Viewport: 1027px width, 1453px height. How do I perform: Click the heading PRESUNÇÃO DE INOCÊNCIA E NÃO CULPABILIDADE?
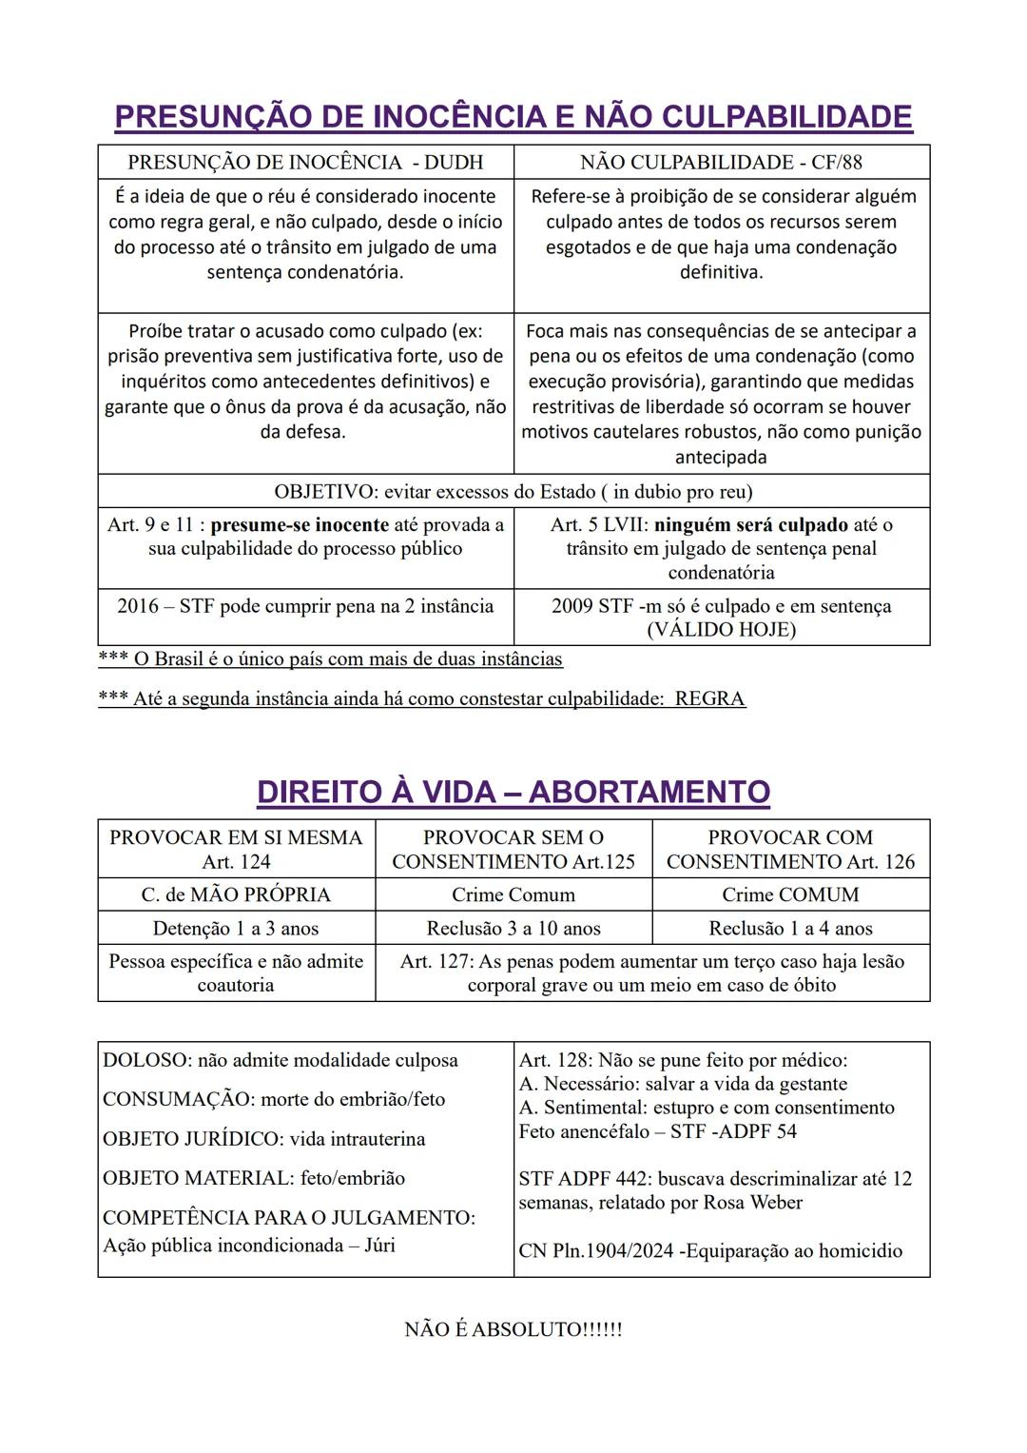point(513,117)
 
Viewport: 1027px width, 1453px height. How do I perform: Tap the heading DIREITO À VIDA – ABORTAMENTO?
point(513,793)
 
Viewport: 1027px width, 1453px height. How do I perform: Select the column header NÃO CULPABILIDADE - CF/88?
point(721,163)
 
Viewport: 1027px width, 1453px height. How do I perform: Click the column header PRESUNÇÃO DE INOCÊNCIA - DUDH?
point(305,163)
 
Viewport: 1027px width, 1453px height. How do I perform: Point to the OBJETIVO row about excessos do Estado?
point(513,492)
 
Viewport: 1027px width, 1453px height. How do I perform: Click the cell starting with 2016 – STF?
point(305,607)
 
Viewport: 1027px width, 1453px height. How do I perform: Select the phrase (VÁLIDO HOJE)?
point(721,630)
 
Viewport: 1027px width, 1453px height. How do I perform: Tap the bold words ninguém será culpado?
point(750,525)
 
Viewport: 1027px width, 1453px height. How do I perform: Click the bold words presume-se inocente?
point(300,525)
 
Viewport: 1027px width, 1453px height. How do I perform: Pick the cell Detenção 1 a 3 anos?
point(236,929)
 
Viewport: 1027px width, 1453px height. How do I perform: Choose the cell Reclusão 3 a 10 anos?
point(513,929)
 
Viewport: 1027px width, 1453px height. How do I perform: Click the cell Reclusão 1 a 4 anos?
point(790,929)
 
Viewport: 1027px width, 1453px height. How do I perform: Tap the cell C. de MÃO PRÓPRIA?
point(236,895)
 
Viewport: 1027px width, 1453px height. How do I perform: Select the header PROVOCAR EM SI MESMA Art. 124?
point(236,850)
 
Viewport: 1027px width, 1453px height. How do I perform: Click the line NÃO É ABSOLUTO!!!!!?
point(513,1329)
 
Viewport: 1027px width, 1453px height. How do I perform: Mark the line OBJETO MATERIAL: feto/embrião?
point(254,1178)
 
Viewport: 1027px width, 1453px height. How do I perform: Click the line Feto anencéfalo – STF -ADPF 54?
point(658,1131)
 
